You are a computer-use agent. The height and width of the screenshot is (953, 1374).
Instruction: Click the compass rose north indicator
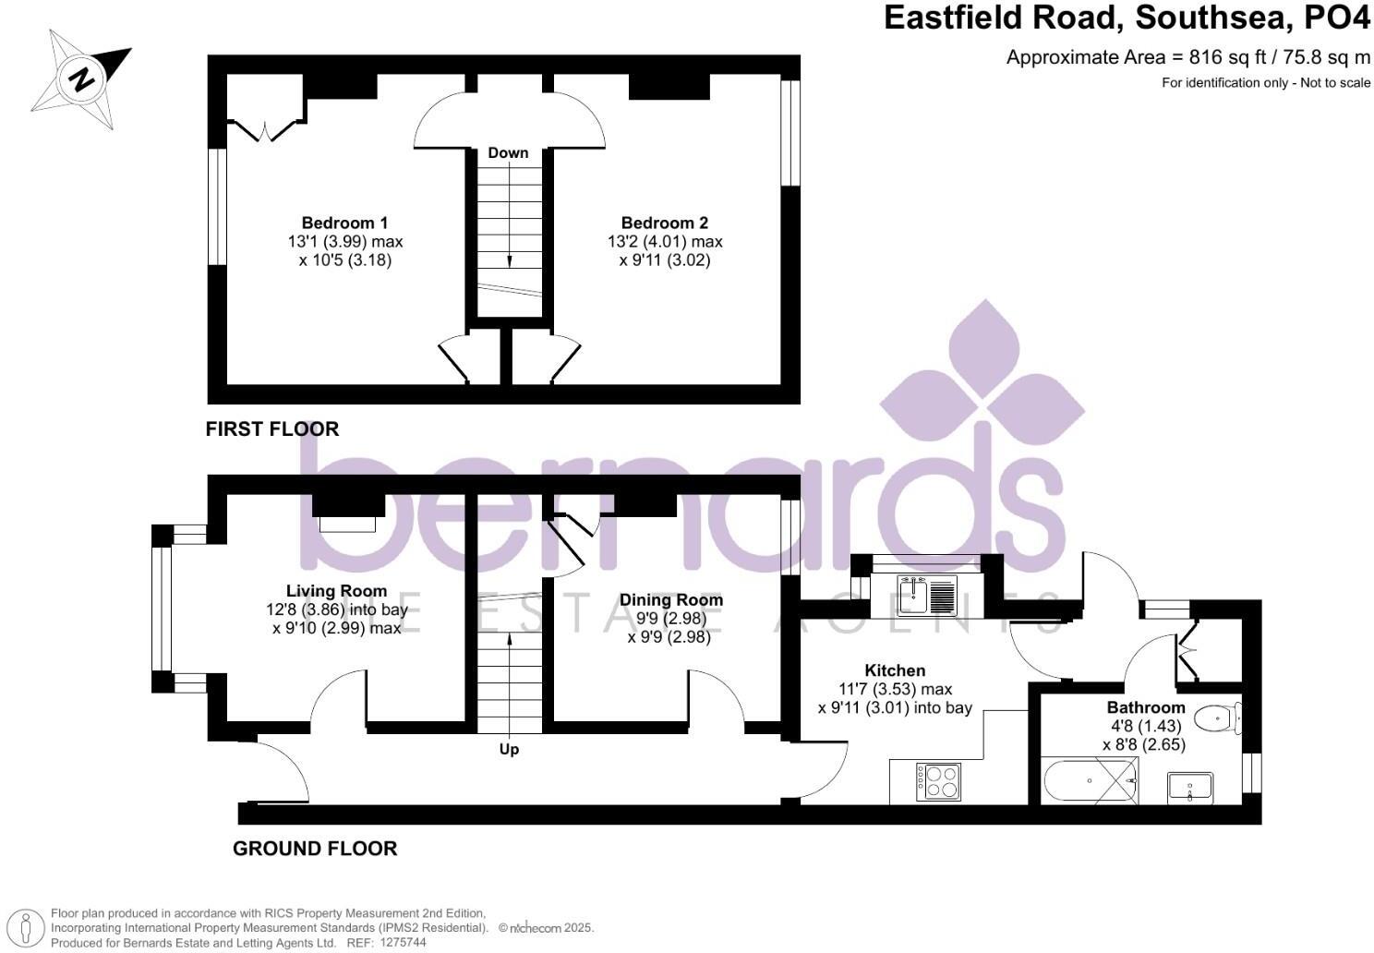(x=82, y=78)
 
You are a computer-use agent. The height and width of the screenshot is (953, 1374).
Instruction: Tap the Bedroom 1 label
(x=344, y=223)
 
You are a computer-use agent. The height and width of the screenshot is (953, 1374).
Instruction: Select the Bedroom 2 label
(x=665, y=223)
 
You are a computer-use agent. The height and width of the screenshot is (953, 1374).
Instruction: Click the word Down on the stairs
(x=508, y=152)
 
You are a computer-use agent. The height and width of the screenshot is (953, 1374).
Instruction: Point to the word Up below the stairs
(x=509, y=749)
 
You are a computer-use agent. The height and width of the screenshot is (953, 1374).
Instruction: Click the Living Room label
(x=336, y=591)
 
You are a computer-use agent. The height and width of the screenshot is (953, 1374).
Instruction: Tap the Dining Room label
(x=671, y=600)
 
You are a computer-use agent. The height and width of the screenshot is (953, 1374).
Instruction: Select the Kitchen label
(x=895, y=670)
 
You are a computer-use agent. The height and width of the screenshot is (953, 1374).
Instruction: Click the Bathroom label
(x=1146, y=708)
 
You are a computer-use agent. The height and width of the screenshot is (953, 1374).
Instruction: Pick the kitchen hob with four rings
(x=938, y=782)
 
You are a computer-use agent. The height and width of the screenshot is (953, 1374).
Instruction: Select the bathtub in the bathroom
(x=1091, y=781)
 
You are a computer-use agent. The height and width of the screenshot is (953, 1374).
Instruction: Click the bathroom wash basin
(x=1190, y=787)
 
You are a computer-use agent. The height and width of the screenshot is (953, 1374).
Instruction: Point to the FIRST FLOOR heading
(x=272, y=428)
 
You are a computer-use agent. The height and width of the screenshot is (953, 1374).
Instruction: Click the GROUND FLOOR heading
(x=315, y=849)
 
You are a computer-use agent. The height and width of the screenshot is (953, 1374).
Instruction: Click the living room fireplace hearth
(x=348, y=524)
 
